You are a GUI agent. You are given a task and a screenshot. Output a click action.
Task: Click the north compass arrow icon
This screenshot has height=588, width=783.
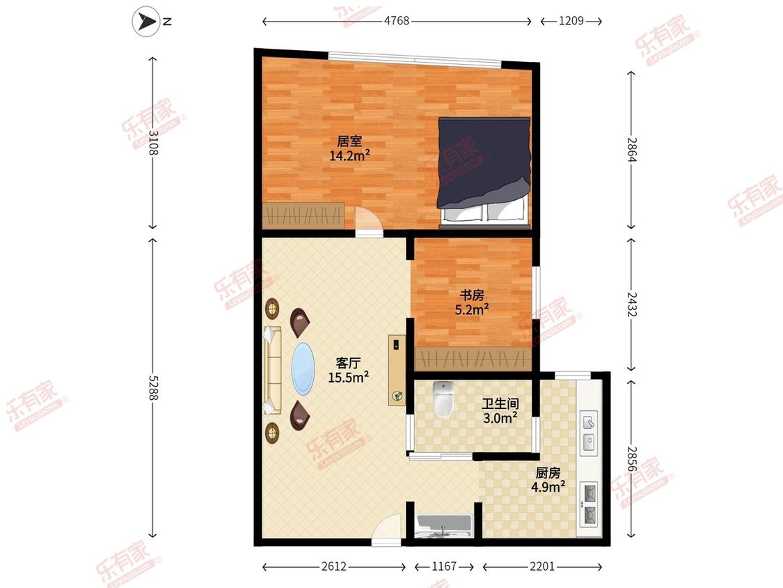click(146, 21)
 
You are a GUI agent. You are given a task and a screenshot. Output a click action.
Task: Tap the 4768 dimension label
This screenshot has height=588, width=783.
click(397, 21)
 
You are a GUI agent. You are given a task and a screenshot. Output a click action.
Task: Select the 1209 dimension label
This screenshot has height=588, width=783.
click(571, 21)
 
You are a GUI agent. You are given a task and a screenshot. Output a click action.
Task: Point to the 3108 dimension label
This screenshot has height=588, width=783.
click(153, 143)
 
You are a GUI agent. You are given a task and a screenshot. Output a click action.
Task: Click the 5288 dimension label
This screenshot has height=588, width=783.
click(153, 387)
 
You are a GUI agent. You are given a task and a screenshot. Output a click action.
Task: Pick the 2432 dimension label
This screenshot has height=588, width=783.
click(632, 304)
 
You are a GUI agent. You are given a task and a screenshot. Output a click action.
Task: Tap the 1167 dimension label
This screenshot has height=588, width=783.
click(444, 566)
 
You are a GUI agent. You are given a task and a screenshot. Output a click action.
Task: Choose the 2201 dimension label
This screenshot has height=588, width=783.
click(542, 566)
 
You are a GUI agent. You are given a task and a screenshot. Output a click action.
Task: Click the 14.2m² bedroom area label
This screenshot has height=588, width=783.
click(349, 155)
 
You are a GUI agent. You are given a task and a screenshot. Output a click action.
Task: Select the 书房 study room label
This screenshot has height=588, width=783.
click(472, 295)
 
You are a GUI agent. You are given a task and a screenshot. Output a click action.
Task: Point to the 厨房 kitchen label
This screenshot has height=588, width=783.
click(548, 472)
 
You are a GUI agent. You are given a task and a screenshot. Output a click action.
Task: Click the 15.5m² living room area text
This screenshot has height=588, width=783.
click(349, 377)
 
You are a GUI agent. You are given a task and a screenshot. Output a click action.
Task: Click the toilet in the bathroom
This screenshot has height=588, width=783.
click(443, 399)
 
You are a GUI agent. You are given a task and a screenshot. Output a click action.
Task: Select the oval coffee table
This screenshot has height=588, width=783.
click(303, 369)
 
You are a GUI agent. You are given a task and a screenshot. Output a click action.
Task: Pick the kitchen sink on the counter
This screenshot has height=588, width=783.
click(589, 433)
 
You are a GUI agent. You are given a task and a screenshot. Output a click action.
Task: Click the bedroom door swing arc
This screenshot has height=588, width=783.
click(368, 219)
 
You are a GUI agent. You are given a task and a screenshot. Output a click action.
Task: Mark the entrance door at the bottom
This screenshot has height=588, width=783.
click(386, 530)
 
